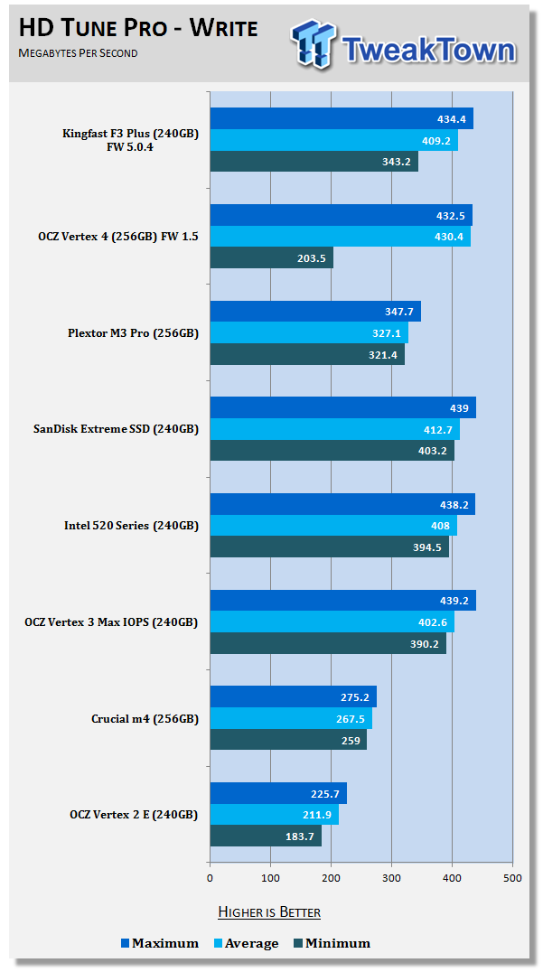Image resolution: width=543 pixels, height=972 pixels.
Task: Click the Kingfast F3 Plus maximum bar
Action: pyautogui.click(x=342, y=119)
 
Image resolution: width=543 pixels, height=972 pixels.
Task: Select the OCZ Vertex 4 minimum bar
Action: pyautogui.click(x=271, y=257)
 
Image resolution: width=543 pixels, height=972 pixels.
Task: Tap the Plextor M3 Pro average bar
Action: pyautogui.click(x=309, y=333)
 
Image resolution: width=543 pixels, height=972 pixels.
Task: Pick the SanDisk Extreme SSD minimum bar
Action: pyautogui.click(x=332, y=451)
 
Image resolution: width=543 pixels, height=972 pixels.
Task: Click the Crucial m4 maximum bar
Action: pyautogui.click(x=293, y=697)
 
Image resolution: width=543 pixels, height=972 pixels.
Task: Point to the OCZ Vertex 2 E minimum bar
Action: pyautogui.click(x=266, y=836)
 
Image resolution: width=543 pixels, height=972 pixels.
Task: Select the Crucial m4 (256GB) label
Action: pyautogui.click(x=144, y=719)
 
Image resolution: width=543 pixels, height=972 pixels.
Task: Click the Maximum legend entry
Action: pyautogui.click(x=160, y=943)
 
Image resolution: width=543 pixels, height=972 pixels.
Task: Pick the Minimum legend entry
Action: pyautogui.click(x=332, y=943)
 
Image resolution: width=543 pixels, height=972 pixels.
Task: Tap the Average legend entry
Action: pyautogui.click(x=246, y=943)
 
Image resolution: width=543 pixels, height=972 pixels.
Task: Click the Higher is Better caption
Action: pyautogui.click(x=269, y=911)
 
